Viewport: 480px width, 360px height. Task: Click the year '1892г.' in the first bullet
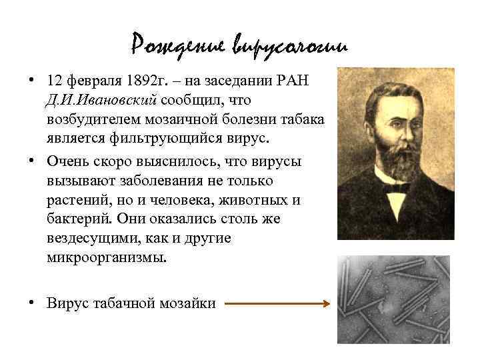[x=145, y=81]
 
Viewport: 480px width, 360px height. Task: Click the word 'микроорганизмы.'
[x=104, y=257]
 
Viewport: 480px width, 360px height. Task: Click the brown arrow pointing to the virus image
[x=277, y=304]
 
